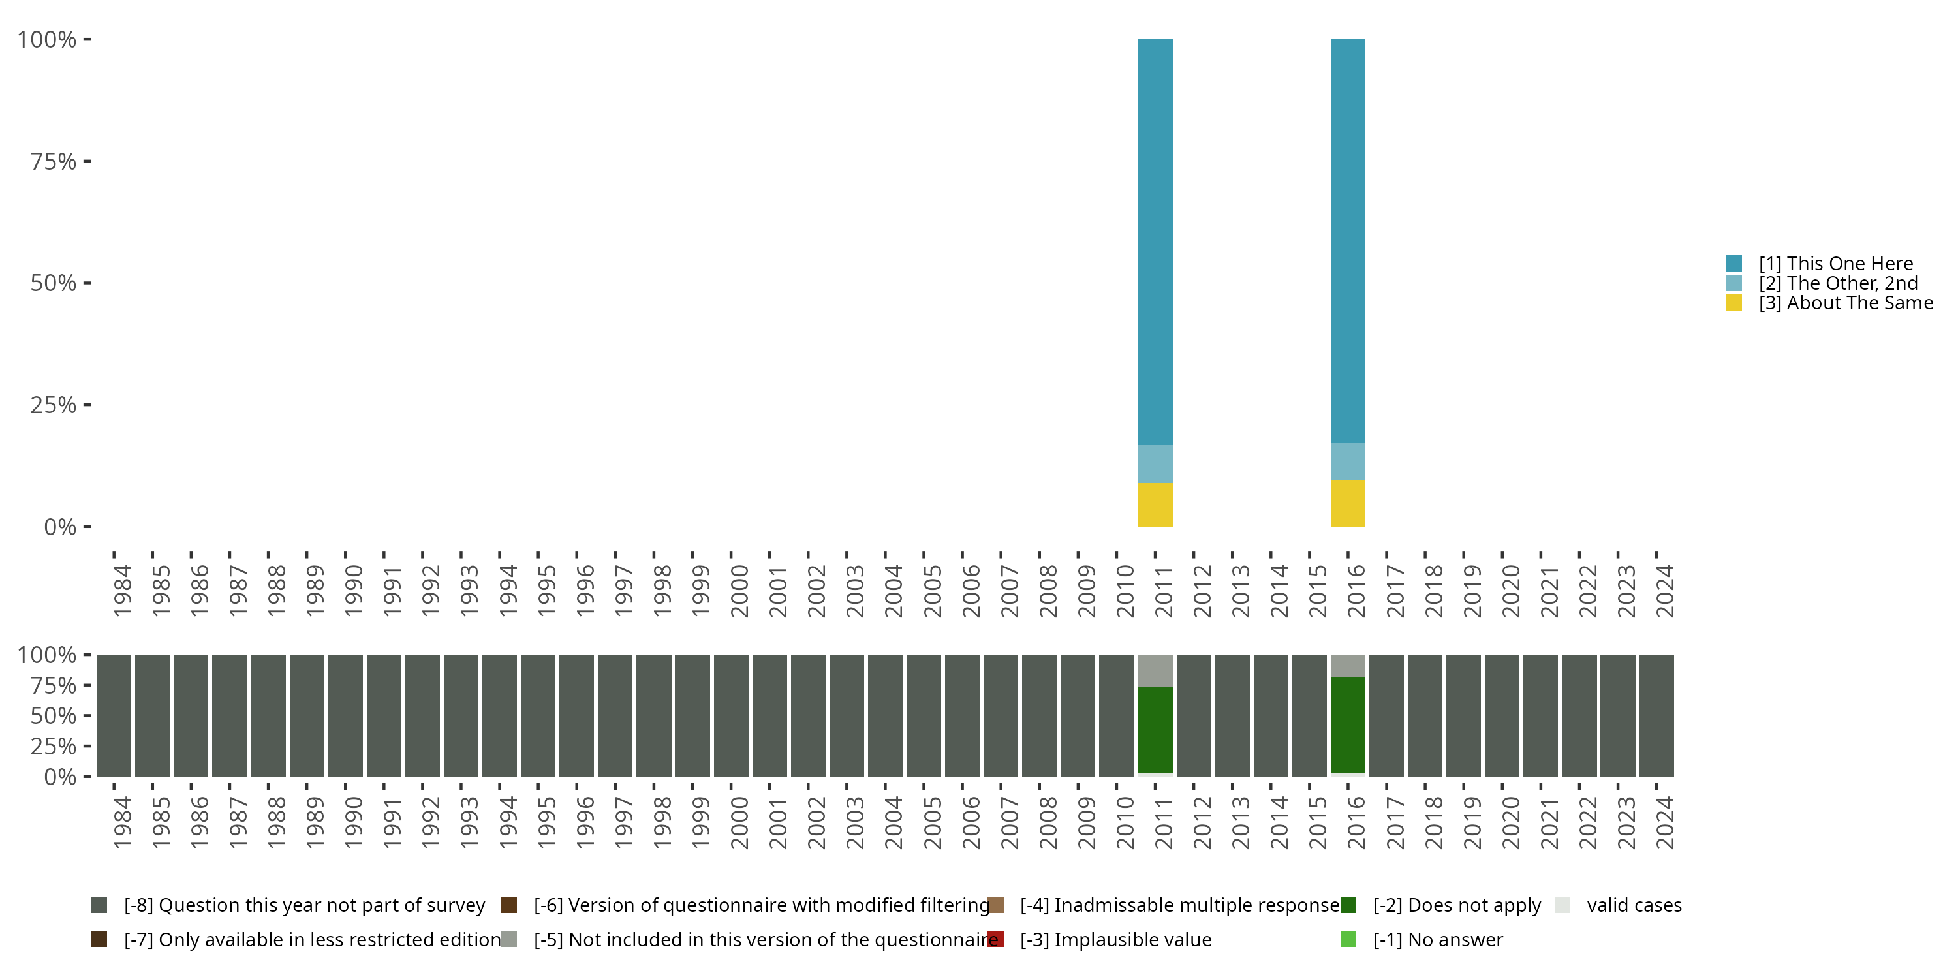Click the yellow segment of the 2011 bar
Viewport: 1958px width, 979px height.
click(x=1155, y=504)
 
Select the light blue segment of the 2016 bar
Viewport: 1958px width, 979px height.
click(x=1348, y=461)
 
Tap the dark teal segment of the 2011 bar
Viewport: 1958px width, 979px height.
click(x=1155, y=241)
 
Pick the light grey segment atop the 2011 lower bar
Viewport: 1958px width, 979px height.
click(x=1155, y=670)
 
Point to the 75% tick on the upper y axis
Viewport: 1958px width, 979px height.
click(x=87, y=161)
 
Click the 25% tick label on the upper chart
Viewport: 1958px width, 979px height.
click(x=54, y=405)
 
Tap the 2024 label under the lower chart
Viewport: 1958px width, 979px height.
click(x=1664, y=822)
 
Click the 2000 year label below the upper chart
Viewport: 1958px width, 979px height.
click(x=739, y=591)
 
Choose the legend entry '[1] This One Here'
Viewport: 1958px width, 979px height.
click(x=1835, y=264)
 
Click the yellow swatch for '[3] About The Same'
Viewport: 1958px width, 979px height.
click(x=1733, y=303)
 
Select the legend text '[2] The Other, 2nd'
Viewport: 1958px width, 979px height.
click(x=1838, y=283)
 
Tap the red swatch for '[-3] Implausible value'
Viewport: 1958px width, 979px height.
click(x=996, y=939)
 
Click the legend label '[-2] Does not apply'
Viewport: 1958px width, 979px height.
click(x=1456, y=905)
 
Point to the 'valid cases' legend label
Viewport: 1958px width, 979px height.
click(x=1634, y=905)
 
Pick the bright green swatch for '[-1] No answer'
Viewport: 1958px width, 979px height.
click(x=1348, y=939)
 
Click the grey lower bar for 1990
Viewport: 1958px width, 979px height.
click(x=345, y=715)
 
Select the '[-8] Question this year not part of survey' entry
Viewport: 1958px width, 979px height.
click(x=304, y=905)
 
